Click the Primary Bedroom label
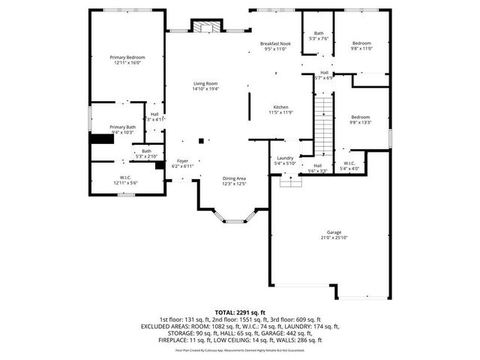point(127,58)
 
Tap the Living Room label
point(205,83)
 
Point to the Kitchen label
point(280,107)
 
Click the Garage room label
point(334,232)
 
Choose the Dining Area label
point(234,178)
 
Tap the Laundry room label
point(285,157)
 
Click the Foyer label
point(182,160)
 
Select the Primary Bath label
point(122,127)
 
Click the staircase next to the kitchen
point(322,124)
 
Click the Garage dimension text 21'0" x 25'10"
point(334,238)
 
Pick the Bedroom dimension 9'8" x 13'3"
point(361,122)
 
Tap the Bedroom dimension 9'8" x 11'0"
point(361,49)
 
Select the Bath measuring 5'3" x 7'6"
point(318,36)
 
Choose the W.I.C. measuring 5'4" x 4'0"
point(349,165)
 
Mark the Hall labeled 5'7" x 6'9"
point(323,75)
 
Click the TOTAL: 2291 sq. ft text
point(240,312)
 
